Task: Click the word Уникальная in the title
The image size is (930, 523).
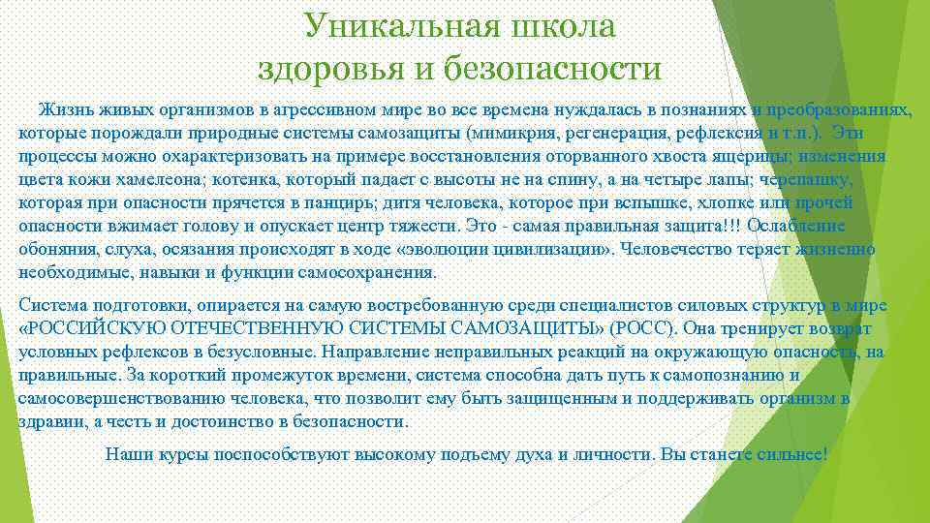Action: click(x=397, y=26)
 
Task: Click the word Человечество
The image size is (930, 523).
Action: click(x=681, y=250)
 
